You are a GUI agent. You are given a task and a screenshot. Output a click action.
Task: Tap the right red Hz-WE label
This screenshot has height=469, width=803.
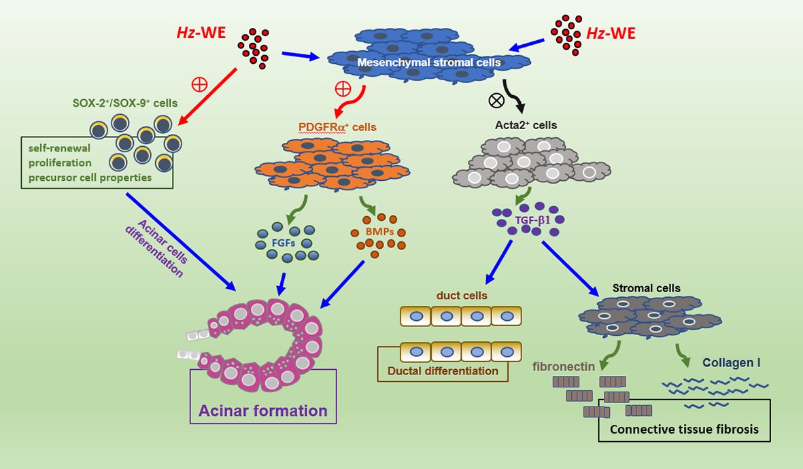[611, 32]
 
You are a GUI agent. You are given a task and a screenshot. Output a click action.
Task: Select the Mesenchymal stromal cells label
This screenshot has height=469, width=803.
[429, 63]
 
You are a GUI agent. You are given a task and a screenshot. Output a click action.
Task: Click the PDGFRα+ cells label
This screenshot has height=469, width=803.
[338, 126]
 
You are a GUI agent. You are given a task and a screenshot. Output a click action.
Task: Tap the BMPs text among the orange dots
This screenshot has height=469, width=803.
[378, 231]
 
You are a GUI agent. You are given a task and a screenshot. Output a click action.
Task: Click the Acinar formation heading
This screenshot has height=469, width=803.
[263, 411]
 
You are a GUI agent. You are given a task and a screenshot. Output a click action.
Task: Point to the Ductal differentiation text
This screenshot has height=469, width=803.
[443, 371]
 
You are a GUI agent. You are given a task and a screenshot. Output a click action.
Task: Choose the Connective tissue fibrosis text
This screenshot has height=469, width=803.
[684, 430]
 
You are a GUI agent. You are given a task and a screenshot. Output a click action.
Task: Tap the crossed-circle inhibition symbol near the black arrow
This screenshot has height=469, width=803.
[497, 100]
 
